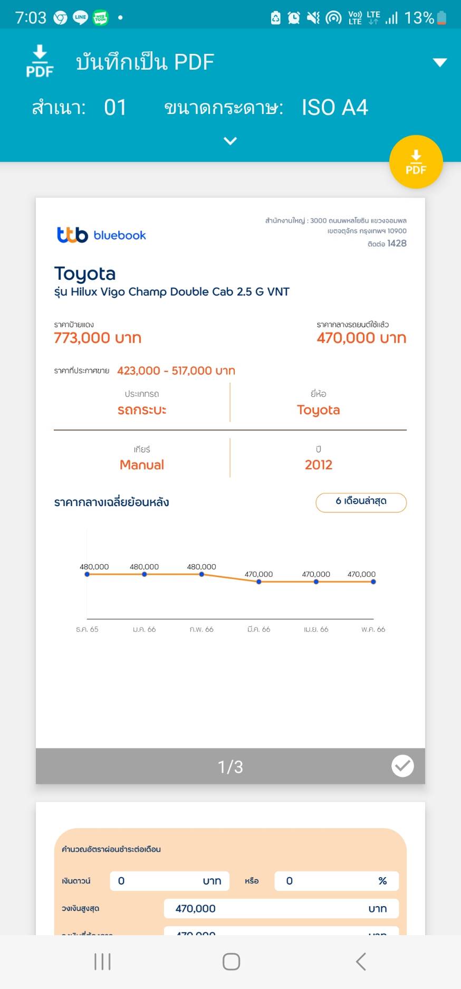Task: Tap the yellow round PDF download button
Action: [x=416, y=162]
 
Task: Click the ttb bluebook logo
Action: [x=101, y=235]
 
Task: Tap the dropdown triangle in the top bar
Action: [x=439, y=63]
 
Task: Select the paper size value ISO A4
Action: [x=334, y=108]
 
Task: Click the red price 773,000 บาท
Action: [x=98, y=338]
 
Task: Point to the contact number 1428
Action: [x=397, y=243]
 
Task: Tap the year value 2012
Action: [x=318, y=465]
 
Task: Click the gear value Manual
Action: [x=142, y=465]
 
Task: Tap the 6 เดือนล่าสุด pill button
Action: [x=361, y=502]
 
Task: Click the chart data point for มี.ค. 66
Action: [x=259, y=582]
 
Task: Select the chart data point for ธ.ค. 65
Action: [x=87, y=574]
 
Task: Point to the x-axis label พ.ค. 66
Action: [x=373, y=629]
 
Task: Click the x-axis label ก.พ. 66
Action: [x=201, y=629]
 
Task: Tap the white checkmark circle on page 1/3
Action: [x=402, y=766]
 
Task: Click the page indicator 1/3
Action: [x=230, y=766]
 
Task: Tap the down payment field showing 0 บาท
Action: [x=169, y=881]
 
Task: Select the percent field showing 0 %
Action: [x=336, y=881]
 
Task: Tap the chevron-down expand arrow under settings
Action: [x=230, y=141]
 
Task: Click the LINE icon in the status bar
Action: [x=80, y=17]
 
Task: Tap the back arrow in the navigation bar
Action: [x=361, y=961]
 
